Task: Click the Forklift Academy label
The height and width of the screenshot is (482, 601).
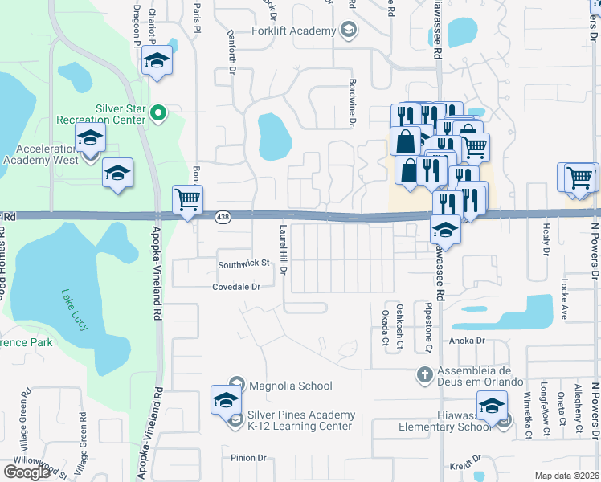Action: [293, 31]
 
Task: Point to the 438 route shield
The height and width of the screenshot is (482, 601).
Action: [224, 216]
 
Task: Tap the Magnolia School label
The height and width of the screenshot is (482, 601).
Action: [290, 386]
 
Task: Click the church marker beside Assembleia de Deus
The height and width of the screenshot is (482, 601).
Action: [425, 374]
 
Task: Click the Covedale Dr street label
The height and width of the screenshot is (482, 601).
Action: [237, 287]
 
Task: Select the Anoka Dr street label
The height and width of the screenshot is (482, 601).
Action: [470, 340]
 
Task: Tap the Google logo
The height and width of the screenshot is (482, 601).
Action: [26, 472]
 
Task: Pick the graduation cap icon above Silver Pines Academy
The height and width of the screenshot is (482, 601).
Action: [226, 399]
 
